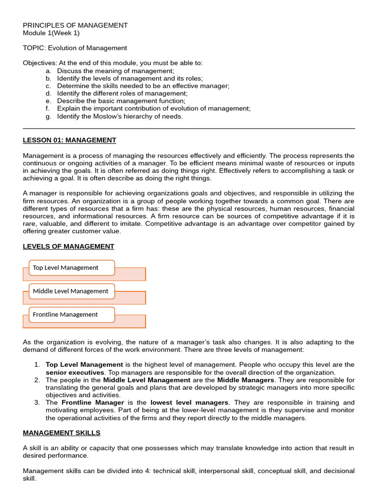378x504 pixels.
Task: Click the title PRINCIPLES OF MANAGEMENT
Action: coord(75,25)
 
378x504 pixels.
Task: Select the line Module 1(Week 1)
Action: coord(51,33)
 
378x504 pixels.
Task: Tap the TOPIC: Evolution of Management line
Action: coord(75,48)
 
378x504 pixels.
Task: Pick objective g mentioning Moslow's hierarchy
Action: coord(120,116)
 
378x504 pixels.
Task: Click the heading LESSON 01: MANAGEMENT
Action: coord(69,140)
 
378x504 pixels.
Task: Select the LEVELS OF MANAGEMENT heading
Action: coord(68,246)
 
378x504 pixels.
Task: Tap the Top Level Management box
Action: coord(71,268)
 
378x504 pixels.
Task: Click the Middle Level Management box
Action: coord(71,291)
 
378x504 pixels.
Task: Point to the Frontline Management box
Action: coord(71,315)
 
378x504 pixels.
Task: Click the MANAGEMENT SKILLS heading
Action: coord(62,433)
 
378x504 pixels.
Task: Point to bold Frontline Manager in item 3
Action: coord(93,403)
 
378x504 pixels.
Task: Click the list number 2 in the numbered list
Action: coord(37,380)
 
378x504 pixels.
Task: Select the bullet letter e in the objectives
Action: coord(48,101)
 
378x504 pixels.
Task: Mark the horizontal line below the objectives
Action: coord(189,128)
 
